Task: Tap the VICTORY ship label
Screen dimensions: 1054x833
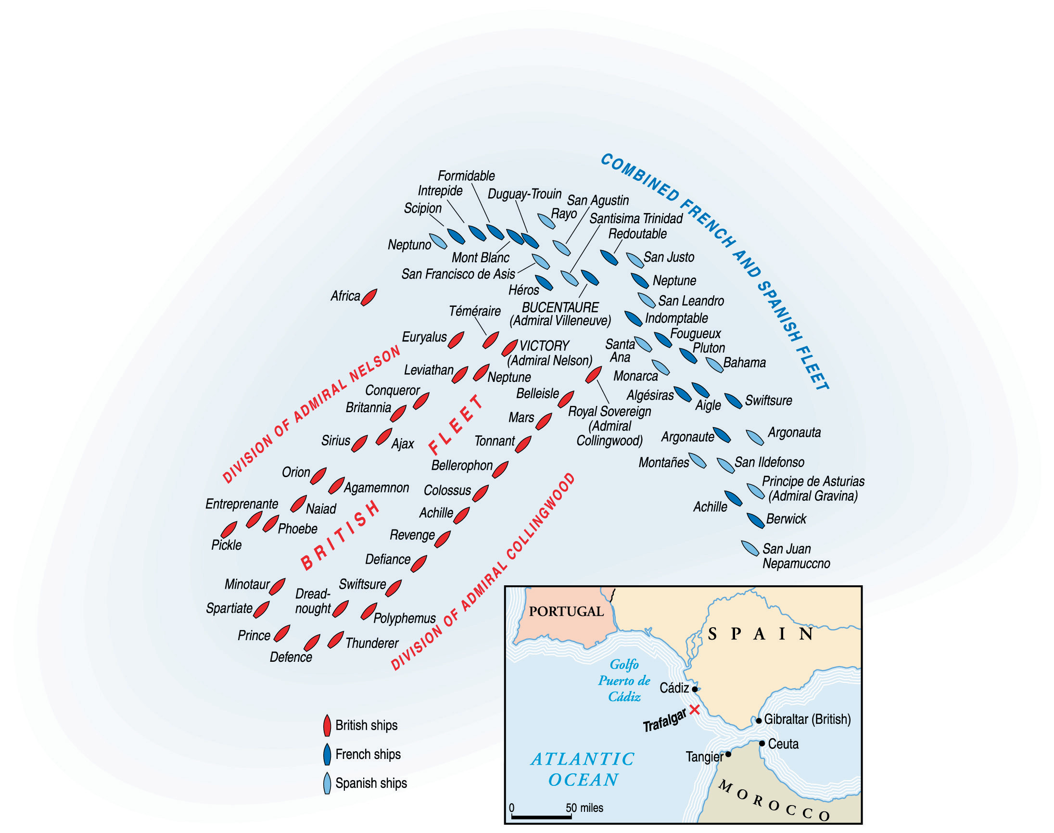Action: coord(544,346)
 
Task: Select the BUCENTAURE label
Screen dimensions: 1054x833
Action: coord(560,307)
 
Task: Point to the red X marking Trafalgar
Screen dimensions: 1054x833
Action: coord(695,709)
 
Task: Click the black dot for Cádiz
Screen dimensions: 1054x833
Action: coord(695,689)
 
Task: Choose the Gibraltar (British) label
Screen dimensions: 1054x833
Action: coord(807,719)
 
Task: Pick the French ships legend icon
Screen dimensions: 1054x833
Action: coord(327,755)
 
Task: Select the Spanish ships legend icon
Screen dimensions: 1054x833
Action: coord(327,783)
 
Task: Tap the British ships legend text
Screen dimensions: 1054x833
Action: coord(366,725)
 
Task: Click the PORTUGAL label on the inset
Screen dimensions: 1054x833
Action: coord(566,611)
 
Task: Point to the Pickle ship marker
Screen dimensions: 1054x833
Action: coord(229,530)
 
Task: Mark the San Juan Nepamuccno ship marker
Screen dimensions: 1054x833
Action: coord(749,548)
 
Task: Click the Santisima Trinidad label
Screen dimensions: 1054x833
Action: coord(635,218)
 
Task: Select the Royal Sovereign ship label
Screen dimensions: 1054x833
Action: coord(609,411)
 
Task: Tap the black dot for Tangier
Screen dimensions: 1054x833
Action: coord(728,754)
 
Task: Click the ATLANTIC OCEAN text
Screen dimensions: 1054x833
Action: coord(583,769)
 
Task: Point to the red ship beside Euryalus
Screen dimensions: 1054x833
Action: coord(456,340)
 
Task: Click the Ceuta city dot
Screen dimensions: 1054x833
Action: coord(762,743)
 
